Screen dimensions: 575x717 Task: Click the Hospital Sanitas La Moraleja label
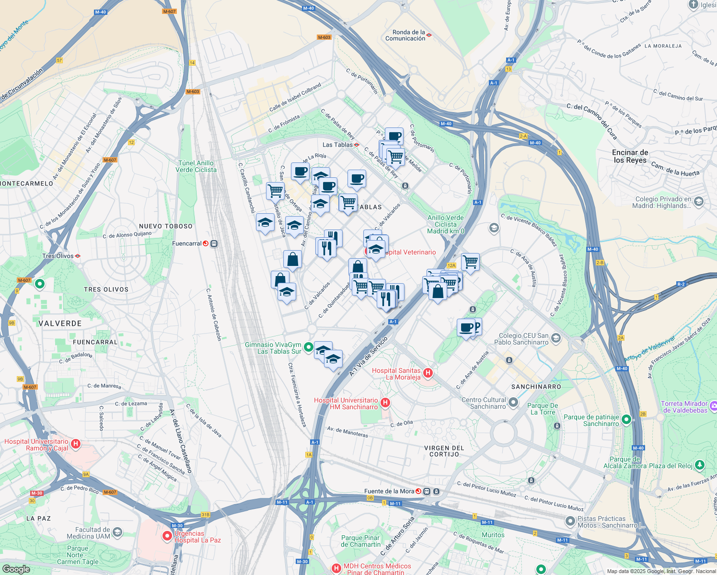click(x=396, y=374)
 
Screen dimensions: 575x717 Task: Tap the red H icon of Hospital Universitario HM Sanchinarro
click(x=385, y=403)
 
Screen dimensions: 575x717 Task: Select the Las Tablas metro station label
click(x=337, y=145)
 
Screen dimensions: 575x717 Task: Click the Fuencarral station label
click(x=187, y=243)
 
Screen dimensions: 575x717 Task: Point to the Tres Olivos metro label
click(x=58, y=256)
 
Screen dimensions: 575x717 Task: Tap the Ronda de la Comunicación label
click(x=405, y=35)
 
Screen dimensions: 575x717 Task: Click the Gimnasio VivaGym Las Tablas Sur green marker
click(x=309, y=347)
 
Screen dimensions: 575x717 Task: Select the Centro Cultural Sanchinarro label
click(x=484, y=403)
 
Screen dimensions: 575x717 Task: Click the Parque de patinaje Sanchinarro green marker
click(x=626, y=420)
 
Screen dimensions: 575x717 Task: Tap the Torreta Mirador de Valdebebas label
click(x=684, y=407)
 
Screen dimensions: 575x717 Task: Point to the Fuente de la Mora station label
click(x=389, y=491)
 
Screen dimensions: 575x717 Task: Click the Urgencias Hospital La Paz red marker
click(x=167, y=536)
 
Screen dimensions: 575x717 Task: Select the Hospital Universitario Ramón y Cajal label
click(x=36, y=445)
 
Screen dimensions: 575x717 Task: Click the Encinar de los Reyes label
click(x=630, y=156)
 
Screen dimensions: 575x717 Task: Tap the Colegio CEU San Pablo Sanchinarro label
click(x=523, y=339)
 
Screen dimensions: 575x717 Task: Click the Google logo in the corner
click(x=16, y=569)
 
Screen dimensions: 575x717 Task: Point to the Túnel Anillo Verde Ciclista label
click(x=196, y=166)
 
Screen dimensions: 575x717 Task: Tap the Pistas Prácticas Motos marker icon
click(x=570, y=521)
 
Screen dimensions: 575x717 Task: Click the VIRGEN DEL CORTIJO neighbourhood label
click(x=444, y=451)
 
